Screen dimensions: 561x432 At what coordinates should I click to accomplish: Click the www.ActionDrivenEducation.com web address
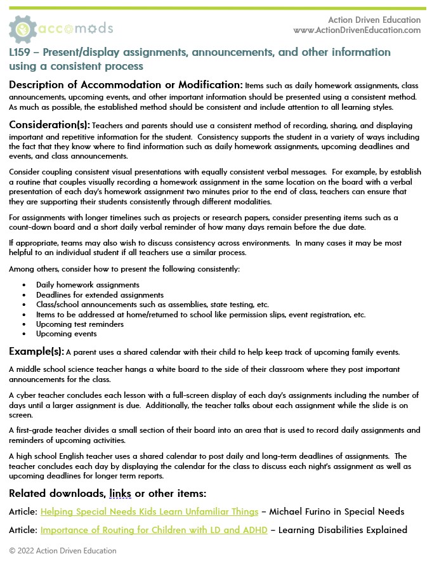[x=357, y=30]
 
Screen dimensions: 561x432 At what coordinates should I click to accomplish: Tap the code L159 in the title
[x=22, y=52]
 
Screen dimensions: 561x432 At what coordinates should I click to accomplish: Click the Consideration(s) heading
[x=49, y=124]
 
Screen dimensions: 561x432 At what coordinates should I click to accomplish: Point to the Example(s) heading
[x=36, y=351]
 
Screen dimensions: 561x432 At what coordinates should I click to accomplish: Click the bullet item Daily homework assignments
[x=88, y=285]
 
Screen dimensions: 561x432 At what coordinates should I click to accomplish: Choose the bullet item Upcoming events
[x=67, y=334]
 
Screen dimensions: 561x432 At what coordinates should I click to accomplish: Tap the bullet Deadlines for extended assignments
[x=100, y=294]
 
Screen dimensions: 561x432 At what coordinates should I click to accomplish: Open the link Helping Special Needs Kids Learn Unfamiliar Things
[x=149, y=511]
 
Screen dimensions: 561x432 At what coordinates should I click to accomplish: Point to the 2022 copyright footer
[x=63, y=550]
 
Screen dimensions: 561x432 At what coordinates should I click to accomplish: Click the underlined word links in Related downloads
[x=121, y=493]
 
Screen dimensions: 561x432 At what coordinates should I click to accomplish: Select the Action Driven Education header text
[x=374, y=20]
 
